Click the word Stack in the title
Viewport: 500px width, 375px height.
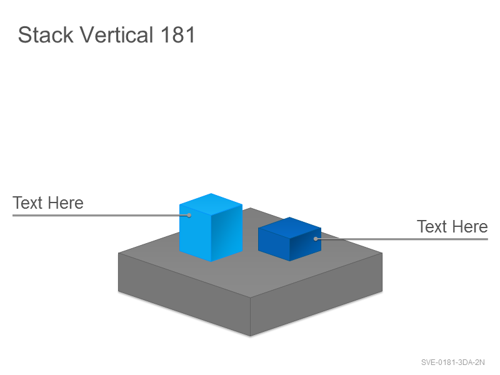[46, 34]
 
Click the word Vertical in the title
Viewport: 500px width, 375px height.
[116, 34]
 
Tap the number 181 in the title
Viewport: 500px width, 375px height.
[177, 35]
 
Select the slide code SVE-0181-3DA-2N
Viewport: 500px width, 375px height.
[452, 362]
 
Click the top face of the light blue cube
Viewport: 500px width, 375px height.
[211, 204]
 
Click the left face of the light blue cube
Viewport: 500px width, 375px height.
[195, 232]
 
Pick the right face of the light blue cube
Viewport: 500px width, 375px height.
[227, 232]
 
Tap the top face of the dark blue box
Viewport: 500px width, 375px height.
[289, 227]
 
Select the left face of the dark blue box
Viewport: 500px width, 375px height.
[274, 244]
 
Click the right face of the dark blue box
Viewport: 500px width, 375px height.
[306, 244]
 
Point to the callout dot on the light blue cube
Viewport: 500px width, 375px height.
[189, 215]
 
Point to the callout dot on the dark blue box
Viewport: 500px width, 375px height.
[316, 239]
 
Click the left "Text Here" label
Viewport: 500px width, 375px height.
[48, 202]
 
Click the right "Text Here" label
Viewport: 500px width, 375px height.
[452, 226]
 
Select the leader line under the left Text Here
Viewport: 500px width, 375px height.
[101, 216]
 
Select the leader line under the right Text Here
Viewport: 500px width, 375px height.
[402, 239]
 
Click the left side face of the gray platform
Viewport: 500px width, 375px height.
[184, 294]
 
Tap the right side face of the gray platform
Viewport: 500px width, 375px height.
[316, 294]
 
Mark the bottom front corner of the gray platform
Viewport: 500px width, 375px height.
[251, 336]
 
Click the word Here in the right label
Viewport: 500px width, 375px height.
[470, 226]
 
